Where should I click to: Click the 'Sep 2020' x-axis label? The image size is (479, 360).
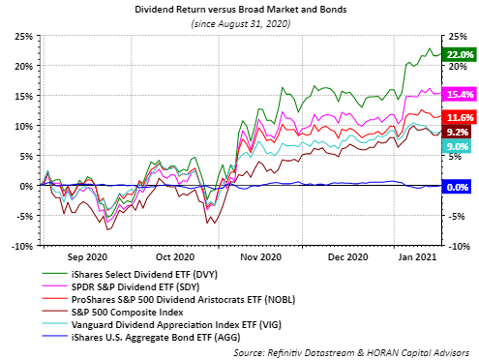pyautogui.click(x=88, y=257)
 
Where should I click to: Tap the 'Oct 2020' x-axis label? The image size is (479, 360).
pyautogui.click(x=175, y=257)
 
